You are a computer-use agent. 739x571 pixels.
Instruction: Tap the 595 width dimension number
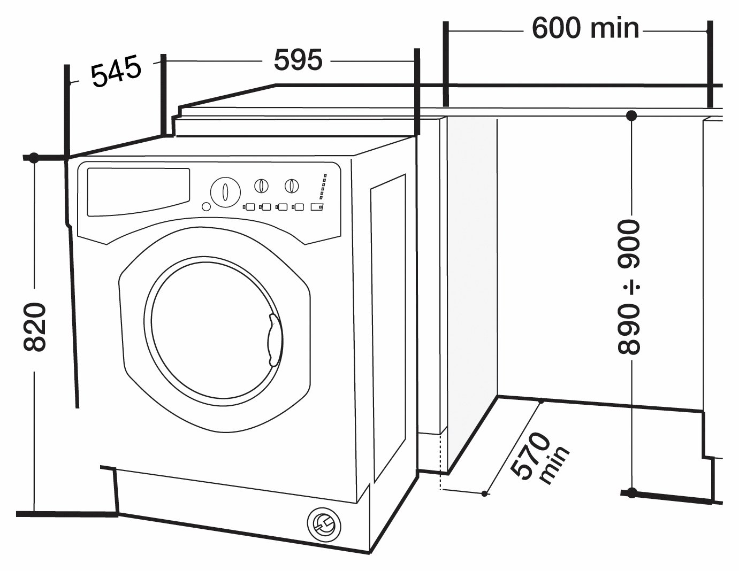(298, 60)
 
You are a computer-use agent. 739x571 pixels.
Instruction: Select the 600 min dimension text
(585, 28)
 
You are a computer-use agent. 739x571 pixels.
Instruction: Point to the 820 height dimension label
(35, 327)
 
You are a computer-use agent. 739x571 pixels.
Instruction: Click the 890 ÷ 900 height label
(628, 287)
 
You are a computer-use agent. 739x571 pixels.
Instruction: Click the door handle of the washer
(276, 341)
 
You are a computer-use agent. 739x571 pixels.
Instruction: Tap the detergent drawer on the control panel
(139, 191)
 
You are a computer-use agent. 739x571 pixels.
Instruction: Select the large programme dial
(225, 191)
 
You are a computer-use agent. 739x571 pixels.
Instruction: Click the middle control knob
(261, 186)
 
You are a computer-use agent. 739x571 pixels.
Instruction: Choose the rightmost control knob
(292, 186)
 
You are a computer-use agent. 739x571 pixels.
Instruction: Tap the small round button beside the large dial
(206, 206)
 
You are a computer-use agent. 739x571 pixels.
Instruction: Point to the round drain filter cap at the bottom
(324, 523)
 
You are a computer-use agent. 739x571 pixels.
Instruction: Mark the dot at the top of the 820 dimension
(34, 157)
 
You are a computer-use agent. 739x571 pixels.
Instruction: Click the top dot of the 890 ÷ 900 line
(631, 116)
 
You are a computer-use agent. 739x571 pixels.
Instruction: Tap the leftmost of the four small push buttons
(249, 207)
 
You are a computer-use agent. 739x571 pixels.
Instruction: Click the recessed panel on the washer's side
(388, 327)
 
